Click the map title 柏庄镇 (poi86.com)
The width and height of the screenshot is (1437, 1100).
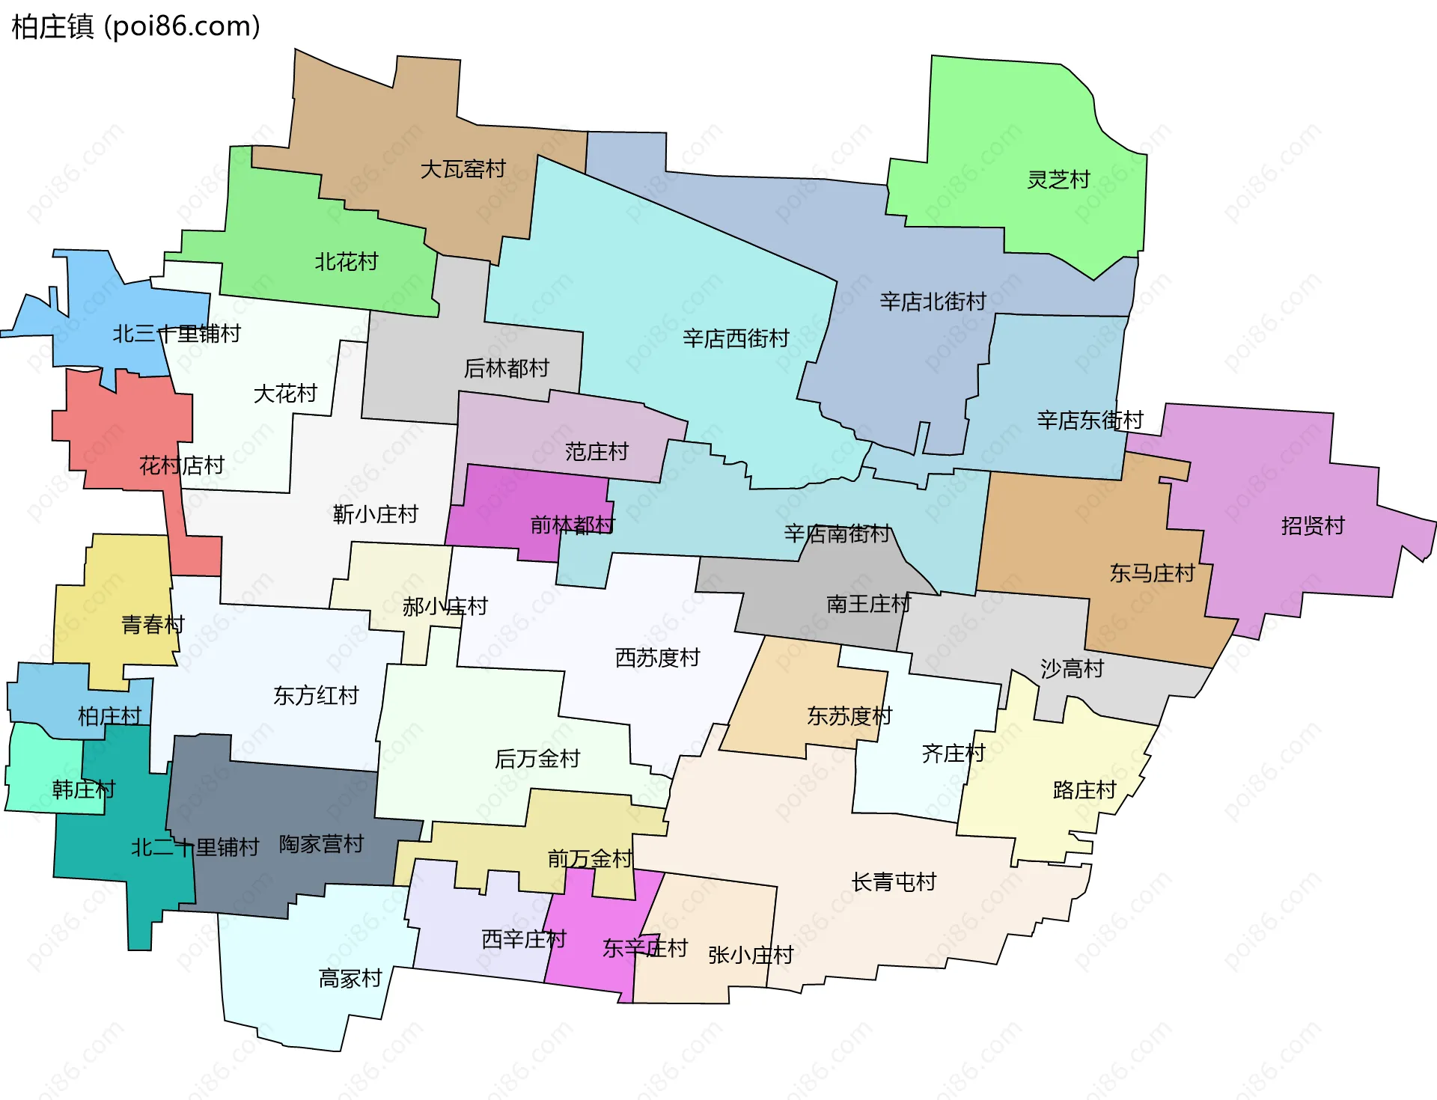[x=135, y=27]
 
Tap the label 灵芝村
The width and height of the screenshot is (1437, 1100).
[x=1058, y=180]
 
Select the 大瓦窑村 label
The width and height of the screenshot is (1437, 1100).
[x=463, y=170]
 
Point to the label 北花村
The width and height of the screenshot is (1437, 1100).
[x=346, y=262]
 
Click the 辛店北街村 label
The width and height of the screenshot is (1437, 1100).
[x=933, y=302]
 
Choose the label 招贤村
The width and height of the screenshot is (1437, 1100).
[x=1313, y=526]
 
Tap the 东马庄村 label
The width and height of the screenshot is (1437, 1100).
[x=1152, y=574]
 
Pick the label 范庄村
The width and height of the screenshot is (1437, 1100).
[x=597, y=452]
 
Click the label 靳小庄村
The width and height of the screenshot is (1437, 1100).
[x=375, y=515]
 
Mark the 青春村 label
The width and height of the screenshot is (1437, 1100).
[x=153, y=625]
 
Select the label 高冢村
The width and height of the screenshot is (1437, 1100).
[x=350, y=979]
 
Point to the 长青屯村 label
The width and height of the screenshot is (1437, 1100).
[x=894, y=882]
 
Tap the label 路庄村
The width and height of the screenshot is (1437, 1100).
[x=1084, y=790]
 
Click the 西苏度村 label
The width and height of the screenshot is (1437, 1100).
[x=657, y=658]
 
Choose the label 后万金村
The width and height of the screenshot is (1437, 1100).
[x=537, y=760]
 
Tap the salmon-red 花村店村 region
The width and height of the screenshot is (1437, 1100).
[x=127, y=434]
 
